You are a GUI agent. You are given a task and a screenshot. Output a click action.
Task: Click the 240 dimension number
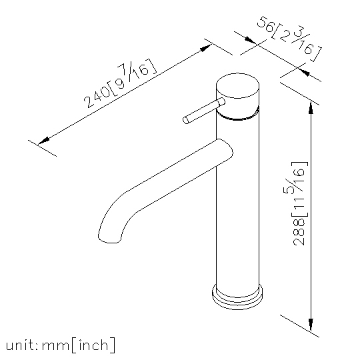pyautogui.click(x=97, y=97)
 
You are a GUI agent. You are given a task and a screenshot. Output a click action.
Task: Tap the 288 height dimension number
pyautogui.click(x=299, y=231)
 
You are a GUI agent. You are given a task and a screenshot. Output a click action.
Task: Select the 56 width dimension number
pyautogui.click(x=265, y=24)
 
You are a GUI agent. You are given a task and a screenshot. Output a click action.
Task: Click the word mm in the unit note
pyautogui.click(x=55, y=345)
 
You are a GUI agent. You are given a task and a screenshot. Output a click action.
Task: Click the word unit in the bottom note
pyautogui.click(x=19, y=345)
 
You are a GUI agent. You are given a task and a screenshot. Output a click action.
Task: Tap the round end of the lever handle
pyautogui.click(x=186, y=120)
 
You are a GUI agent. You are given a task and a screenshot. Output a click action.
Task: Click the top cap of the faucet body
pyautogui.click(x=237, y=85)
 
